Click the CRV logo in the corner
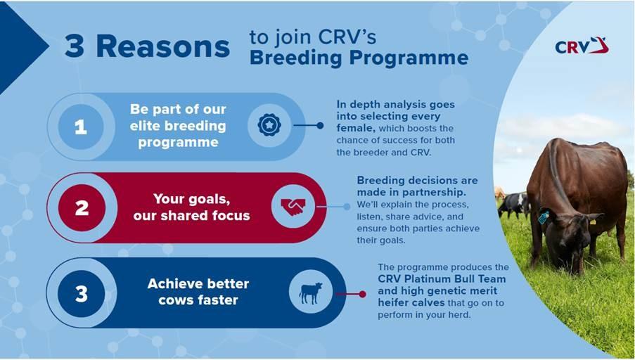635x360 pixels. tap(582, 46)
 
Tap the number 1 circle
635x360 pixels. tap(81, 127)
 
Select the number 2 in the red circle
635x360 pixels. tap(82, 207)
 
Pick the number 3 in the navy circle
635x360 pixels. tap(82, 294)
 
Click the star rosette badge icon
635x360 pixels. tap(269, 125)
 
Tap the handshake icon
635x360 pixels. tap(293, 207)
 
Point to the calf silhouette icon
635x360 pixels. tap(311, 293)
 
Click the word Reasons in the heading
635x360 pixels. tap(163, 47)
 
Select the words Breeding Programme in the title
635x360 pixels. tap(359, 58)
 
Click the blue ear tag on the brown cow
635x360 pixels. tap(543, 217)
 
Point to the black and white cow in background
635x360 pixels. tap(514, 205)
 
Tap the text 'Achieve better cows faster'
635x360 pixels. tap(198, 292)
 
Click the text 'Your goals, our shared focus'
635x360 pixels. tap(191, 207)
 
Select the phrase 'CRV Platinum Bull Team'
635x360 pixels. tap(442, 279)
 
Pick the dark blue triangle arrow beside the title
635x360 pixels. tap(23, 48)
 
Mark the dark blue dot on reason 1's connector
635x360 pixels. tap(320, 126)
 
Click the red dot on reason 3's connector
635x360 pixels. tap(362, 295)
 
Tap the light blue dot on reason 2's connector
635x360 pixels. tap(347, 207)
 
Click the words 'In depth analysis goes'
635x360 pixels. tap(396, 105)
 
